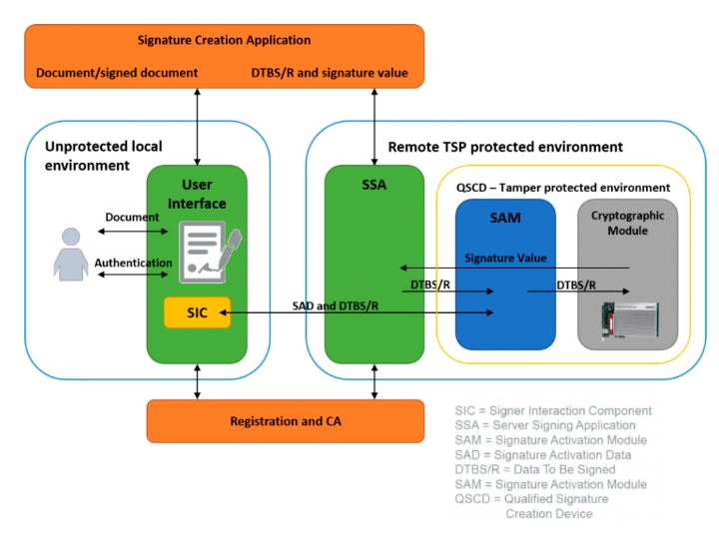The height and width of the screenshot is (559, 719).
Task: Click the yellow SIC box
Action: coord(198,312)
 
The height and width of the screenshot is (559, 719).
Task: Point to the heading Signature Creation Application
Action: coord(225,40)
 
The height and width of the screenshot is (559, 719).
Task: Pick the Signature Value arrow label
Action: coord(505,258)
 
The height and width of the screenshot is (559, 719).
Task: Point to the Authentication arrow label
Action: coord(133,264)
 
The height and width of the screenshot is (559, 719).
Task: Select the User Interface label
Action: coord(204,195)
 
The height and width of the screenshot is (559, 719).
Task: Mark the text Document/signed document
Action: coord(117,73)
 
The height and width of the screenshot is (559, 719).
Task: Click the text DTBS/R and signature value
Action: coord(336,73)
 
